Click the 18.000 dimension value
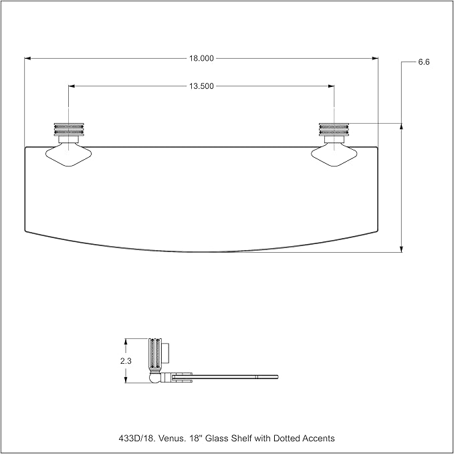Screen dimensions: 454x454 click(x=201, y=58)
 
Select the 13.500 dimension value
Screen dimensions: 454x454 click(x=201, y=86)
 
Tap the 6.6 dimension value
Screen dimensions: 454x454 click(x=424, y=62)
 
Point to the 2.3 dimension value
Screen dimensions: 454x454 click(x=126, y=361)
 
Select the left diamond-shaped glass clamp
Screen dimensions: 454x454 click(x=69, y=155)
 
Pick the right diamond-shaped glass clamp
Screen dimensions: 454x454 click(x=334, y=155)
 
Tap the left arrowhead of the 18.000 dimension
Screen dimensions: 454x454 click(x=27, y=58)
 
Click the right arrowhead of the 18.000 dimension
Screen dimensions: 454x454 click(x=375, y=58)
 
